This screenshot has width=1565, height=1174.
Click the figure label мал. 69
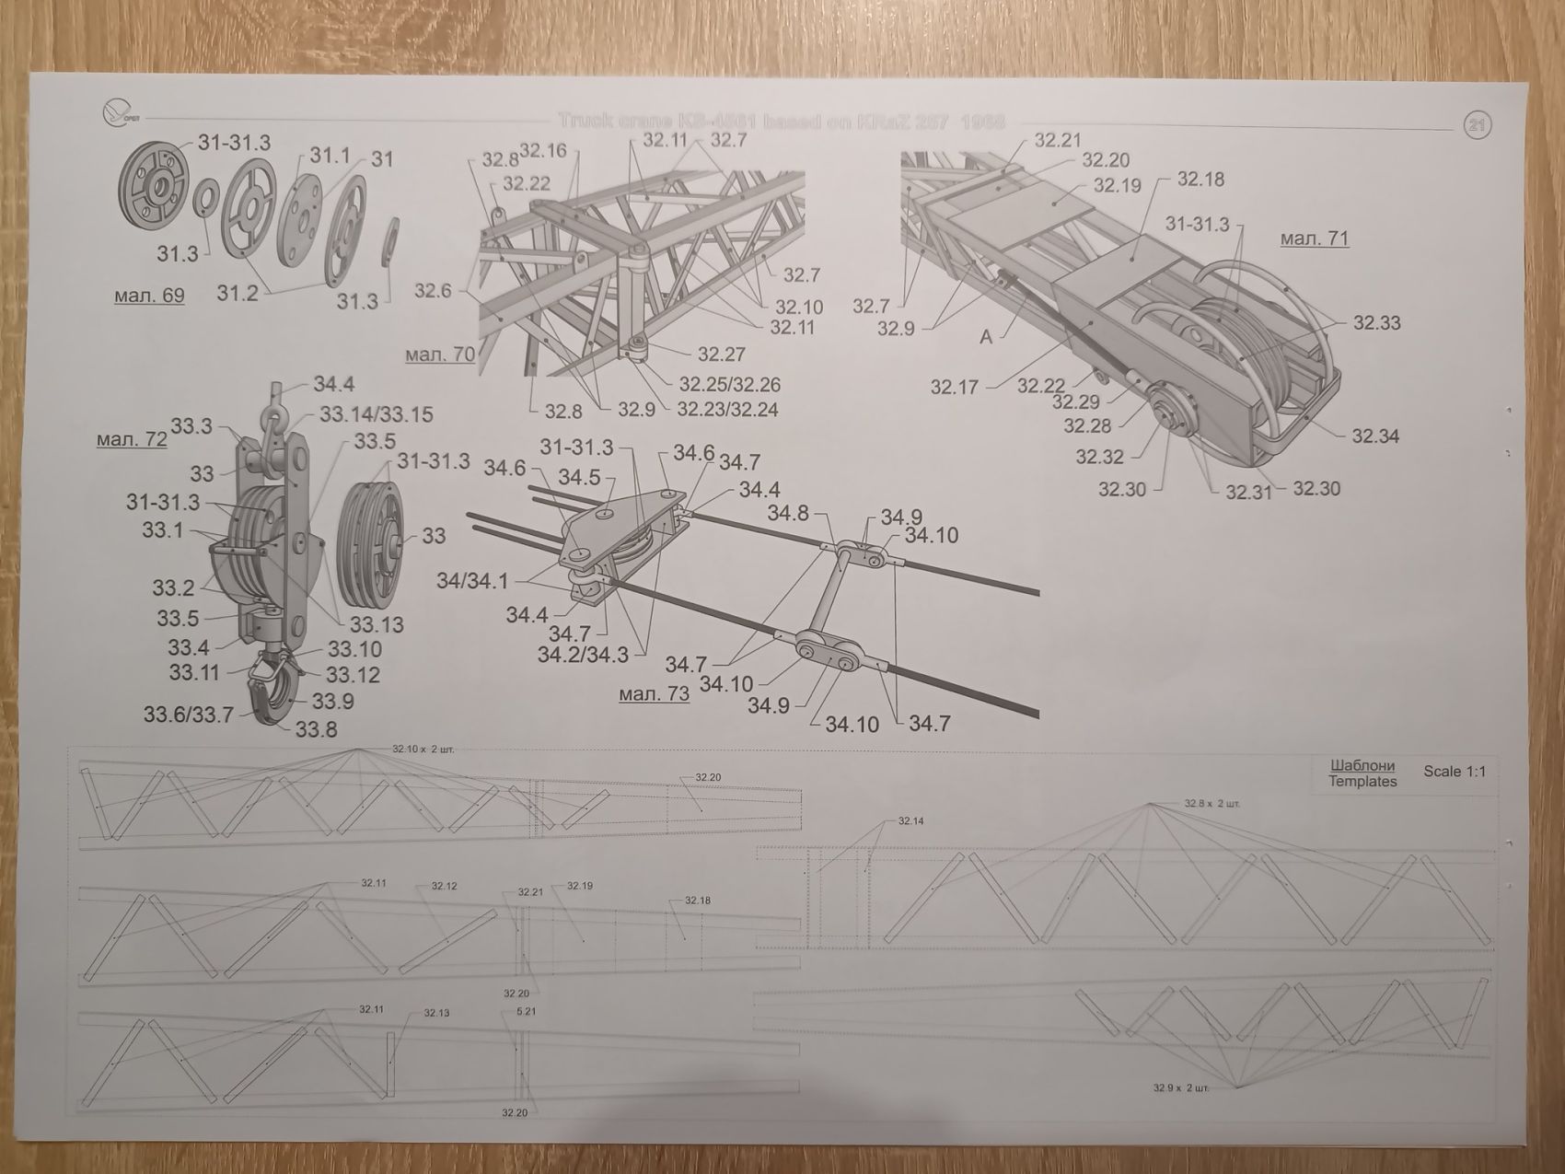click(148, 296)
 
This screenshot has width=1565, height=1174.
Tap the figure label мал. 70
click(439, 354)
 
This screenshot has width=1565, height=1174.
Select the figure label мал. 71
click(1314, 238)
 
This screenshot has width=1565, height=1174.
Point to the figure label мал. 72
click(132, 439)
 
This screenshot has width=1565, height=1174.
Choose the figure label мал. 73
click(654, 693)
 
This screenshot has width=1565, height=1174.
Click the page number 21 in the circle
click(1477, 125)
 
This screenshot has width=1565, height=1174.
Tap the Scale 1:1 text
click(1455, 771)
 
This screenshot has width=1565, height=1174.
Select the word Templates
click(1362, 782)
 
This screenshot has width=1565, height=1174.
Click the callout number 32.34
click(1375, 436)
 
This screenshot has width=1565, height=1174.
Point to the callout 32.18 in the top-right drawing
click(1200, 179)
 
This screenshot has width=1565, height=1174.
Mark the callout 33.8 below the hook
click(316, 729)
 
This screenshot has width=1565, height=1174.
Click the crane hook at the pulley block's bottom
click(269, 695)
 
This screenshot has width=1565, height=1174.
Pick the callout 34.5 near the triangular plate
click(579, 477)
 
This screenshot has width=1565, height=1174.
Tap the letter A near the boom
click(986, 337)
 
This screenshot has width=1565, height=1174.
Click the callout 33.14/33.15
click(376, 414)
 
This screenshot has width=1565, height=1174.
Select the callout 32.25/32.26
click(729, 384)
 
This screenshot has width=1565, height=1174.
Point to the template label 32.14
click(910, 820)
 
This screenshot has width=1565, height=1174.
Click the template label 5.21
click(526, 1011)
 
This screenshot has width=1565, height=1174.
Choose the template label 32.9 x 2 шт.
click(1180, 1088)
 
